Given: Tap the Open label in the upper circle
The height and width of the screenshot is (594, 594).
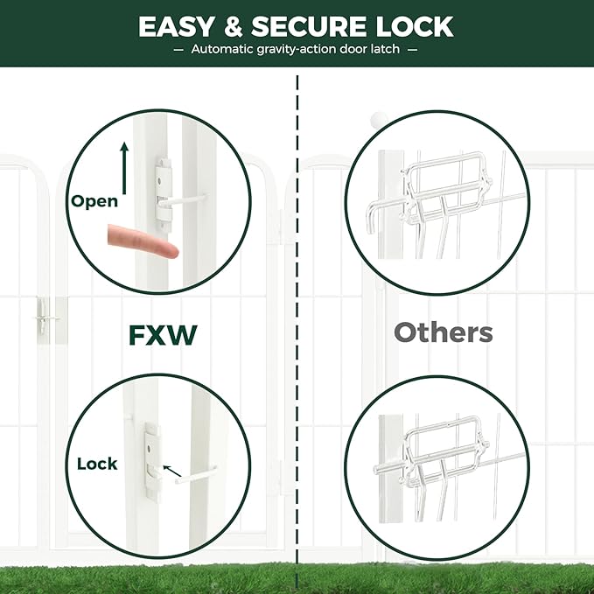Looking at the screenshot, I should pyautogui.click(x=94, y=201).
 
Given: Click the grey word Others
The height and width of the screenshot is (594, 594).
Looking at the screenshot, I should pyautogui.click(x=443, y=332).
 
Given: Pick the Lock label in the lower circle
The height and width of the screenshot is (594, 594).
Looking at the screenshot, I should pyautogui.click(x=97, y=463).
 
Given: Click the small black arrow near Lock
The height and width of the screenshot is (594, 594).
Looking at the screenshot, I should pyautogui.click(x=172, y=472).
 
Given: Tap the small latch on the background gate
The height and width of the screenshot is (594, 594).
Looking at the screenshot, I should pyautogui.click(x=41, y=319).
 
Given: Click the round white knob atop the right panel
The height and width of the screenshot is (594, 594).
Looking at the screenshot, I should pyautogui.click(x=377, y=118).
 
